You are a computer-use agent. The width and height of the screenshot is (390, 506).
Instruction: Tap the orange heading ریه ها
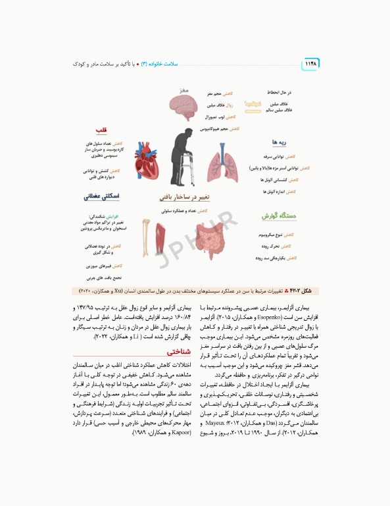pyautogui.click(x=277, y=142)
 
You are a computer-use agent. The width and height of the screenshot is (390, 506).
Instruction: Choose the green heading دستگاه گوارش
pyautogui.click(x=276, y=215)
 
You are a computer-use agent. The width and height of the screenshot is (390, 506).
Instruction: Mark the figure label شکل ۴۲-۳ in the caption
pyautogui.click(x=300, y=290)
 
